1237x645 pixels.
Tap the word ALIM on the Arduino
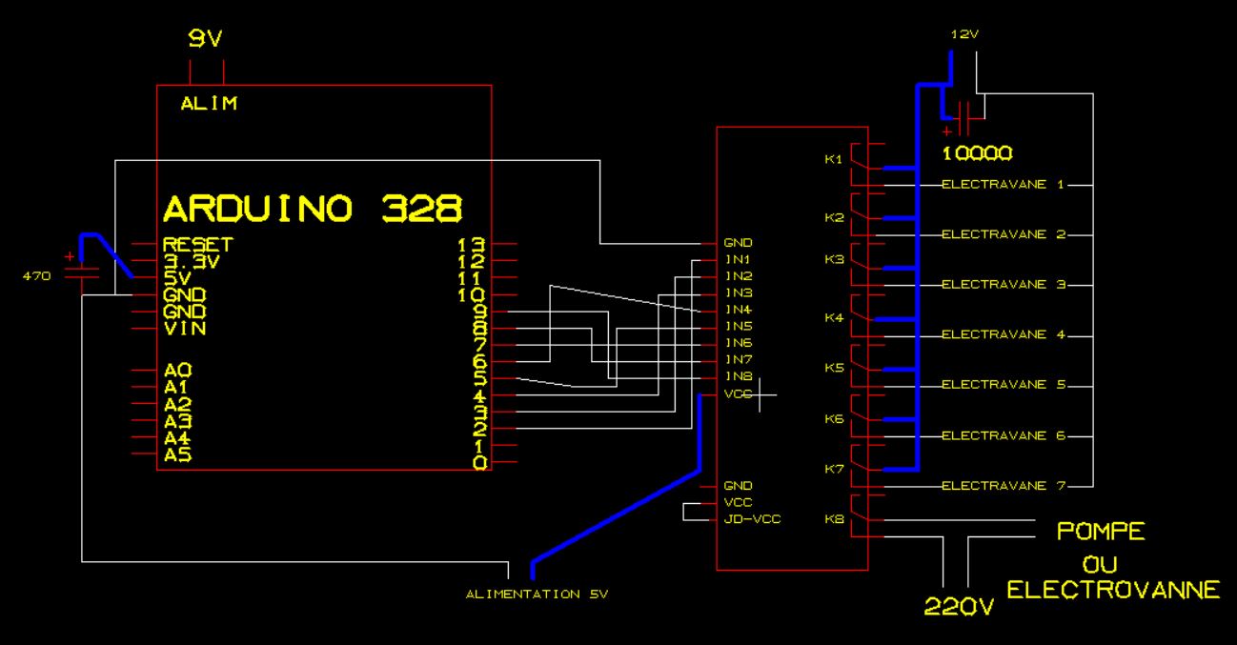[x=209, y=104]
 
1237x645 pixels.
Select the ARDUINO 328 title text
[x=313, y=208]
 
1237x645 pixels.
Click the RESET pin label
[x=197, y=244]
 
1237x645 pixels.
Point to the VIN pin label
[x=184, y=329]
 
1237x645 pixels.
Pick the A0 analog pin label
[x=177, y=370]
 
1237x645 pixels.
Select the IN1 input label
[x=738, y=259]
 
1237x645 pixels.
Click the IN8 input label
[x=738, y=376]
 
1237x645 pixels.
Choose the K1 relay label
[x=834, y=158]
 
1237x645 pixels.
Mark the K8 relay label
[x=834, y=519]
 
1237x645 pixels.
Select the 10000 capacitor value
[x=976, y=153]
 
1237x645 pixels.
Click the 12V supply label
[x=964, y=34]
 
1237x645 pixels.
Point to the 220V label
[x=959, y=607]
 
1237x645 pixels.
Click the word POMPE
[x=1101, y=532]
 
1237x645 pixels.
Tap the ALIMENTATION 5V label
[x=536, y=595]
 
